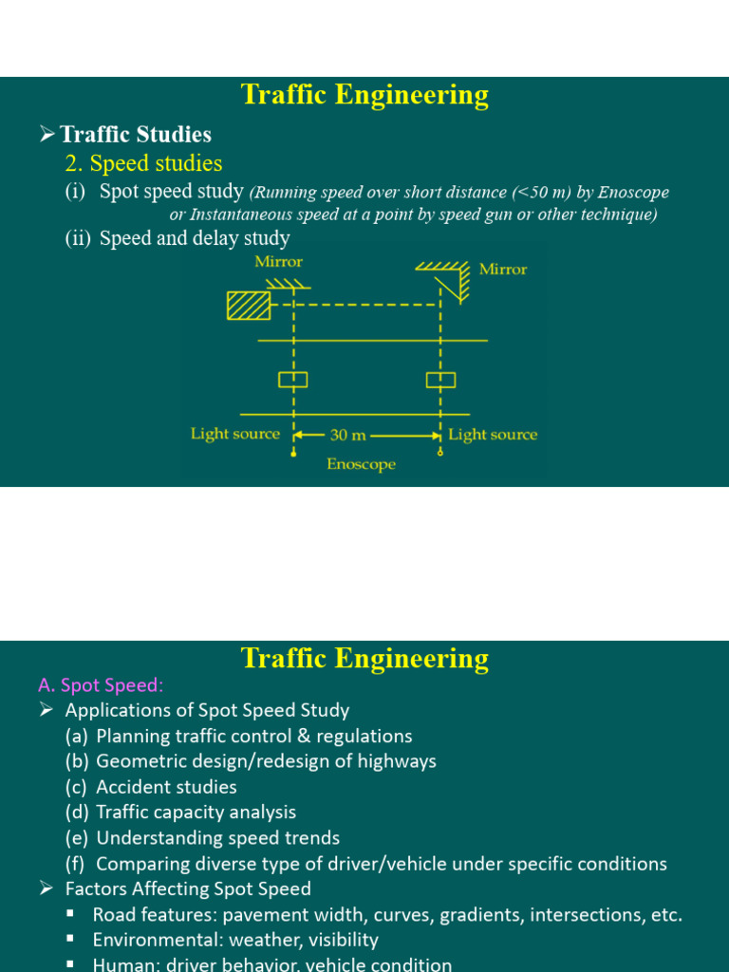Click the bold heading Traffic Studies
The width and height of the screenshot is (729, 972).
(x=135, y=135)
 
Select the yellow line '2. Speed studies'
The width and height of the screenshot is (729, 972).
(x=143, y=163)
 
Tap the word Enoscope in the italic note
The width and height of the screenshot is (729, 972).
(x=633, y=193)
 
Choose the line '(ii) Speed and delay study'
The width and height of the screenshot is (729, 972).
(x=177, y=238)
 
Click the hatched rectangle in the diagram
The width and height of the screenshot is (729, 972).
(x=248, y=306)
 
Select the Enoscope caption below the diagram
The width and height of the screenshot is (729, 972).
(x=361, y=465)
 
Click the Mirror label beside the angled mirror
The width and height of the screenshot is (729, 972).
(x=502, y=270)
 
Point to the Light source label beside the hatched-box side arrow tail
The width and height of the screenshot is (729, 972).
(x=235, y=434)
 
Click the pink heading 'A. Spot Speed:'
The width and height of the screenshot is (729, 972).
(x=101, y=685)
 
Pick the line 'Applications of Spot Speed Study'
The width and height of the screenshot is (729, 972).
(x=207, y=710)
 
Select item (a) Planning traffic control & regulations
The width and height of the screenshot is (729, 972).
(x=238, y=736)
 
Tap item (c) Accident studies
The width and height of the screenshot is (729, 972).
(x=151, y=787)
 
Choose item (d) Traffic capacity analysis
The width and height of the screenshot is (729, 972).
(x=180, y=813)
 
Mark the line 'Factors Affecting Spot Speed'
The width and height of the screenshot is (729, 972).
(x=187, y=889)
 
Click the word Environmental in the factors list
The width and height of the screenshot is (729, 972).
(x=151, y=940)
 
